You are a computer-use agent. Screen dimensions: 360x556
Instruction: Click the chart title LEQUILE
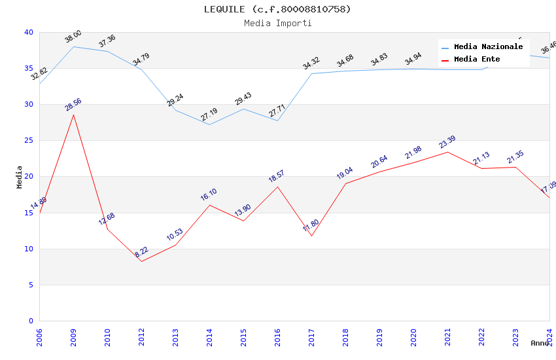pyautogui.click(x=277, y=9)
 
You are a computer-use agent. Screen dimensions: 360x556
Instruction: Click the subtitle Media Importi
pyautogui.click(x=277, y=23)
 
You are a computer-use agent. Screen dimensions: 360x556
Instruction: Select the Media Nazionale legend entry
pyautogui.click(x=488, y=47)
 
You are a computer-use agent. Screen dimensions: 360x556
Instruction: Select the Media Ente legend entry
pyautogui.click(x=477, y=60)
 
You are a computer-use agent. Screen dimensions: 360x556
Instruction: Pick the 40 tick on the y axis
pyautogui.click(x=28, y=32)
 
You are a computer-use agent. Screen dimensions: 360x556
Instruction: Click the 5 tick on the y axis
pyautogui.click(x=31, y=285)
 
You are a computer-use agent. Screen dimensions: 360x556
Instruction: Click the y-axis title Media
pyautogui.click(x=20, y=177)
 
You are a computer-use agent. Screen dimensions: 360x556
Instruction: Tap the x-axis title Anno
pyautogui.click(x=540, y=343)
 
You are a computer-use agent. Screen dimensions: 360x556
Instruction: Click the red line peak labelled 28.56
pyautogui.click(x=73, y=115)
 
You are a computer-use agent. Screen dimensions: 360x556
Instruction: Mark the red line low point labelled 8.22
pyautogui.click(x=141, y=261)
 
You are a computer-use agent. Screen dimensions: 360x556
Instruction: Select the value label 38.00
pyautogui.click(x=73, y=36)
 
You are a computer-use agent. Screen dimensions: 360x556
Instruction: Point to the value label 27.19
pyautogui.click(x=209, y=115)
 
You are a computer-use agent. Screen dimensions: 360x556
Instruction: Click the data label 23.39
pyautogui.click(x=447, y=142)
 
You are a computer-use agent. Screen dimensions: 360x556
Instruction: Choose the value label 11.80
pyautogui.click(x=311, y=226)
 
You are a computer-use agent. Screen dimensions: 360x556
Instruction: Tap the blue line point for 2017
pyautogui.click(x=311, y=73)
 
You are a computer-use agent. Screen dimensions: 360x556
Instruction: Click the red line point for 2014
pyautogui.click(x=209, y=205)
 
